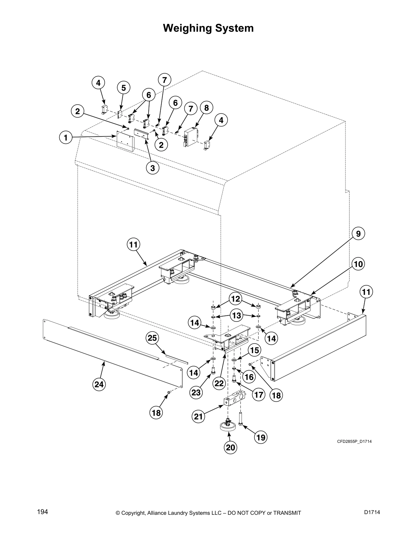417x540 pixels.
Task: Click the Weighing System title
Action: [208, 28]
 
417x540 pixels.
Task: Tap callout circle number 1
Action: [65, 138]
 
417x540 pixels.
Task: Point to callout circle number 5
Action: [123, 88]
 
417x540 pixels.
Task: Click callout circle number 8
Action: [206, 107]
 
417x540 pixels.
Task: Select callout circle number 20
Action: [231, 447]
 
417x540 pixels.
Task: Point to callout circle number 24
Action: [99, 384]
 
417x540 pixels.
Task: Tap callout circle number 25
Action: [152, 338]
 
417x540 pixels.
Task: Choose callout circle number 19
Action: [261, 437]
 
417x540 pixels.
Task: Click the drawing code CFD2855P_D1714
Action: [354, 441]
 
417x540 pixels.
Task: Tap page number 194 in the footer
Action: [42, 512]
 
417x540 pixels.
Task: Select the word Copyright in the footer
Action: [134, 513]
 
